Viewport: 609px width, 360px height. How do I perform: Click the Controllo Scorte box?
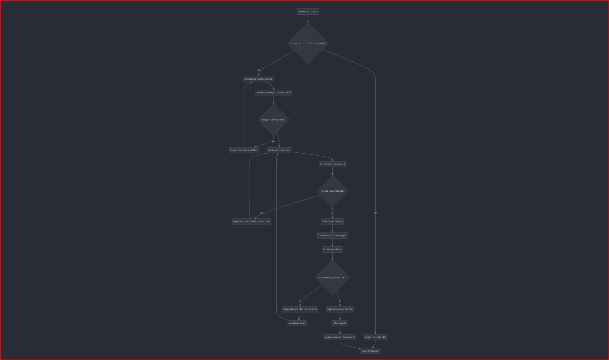point(308,12)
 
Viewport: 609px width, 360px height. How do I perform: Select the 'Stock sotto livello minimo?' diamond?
point(308,43)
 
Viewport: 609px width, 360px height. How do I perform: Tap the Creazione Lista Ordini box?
point(259,79)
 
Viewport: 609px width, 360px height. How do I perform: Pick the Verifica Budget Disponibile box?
point(274,93)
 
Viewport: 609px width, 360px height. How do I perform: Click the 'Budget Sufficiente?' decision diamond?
point(274,120)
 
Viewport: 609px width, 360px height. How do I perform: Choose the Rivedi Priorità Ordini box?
point(244,150)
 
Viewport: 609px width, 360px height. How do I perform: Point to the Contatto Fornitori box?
point(279,150)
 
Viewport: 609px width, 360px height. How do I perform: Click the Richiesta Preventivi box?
point(332,164)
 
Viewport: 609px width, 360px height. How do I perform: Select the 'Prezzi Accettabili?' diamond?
point(332,191)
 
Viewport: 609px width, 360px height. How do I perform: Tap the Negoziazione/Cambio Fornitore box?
point(251,221)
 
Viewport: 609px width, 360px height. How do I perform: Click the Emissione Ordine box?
point(332,221)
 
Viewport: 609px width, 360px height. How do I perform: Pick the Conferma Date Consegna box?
point(332,236)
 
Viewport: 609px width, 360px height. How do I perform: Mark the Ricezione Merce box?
point(332,249)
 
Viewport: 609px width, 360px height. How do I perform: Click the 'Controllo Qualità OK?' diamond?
point(332,278)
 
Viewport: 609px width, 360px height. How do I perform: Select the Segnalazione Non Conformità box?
point(300,309)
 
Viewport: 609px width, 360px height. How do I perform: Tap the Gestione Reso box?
point(297,323)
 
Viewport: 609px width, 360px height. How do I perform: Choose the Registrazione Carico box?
point(340,309)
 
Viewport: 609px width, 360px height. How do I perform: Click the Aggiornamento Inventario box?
point(340,337)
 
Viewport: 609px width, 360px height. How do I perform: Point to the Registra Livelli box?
point(375,337)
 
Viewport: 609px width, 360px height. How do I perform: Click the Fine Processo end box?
point(370,351)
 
